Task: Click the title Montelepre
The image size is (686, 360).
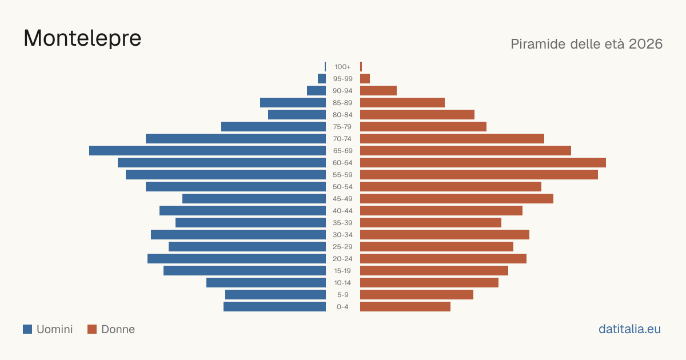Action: [x=82, y=39]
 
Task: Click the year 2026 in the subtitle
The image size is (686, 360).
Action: [x=645, y=44]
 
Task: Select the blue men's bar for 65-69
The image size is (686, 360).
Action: [x=208, y=151]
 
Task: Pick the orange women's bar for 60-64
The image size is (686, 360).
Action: [x=483, y=162]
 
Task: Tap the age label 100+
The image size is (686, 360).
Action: [x=342, y=67]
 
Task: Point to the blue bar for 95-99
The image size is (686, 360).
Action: [x=322, y=79]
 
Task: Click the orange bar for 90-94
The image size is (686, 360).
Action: [x=378, y=91]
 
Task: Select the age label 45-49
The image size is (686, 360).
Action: [x=342, y=199]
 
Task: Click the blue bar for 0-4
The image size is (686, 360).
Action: [x=275, y=307]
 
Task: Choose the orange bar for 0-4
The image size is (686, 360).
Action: [x=405, y=307]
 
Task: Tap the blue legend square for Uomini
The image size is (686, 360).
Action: [x=27, y=329]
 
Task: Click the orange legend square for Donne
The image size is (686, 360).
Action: [x=92, y=329]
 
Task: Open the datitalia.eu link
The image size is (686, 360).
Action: [x=629, y=329]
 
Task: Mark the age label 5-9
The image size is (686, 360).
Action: [x=342, y=295]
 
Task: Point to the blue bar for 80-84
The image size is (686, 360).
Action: [x=297, y=114]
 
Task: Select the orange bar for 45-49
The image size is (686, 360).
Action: [x=457, y=199]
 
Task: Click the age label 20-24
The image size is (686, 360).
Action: [x=342, y=259]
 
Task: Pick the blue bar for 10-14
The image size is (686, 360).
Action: [x=266, y=282]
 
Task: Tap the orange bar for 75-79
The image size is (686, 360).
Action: [x=423, y=126]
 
